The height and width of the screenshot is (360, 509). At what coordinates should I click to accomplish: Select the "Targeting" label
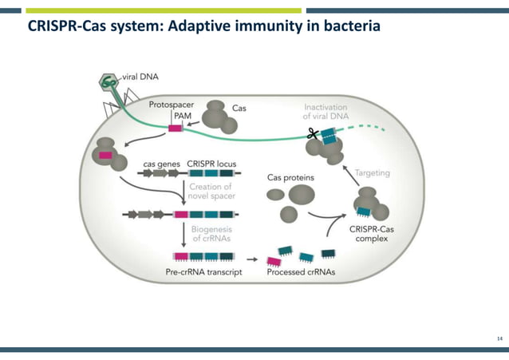372,172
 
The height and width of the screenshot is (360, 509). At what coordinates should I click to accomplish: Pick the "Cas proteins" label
290,177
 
